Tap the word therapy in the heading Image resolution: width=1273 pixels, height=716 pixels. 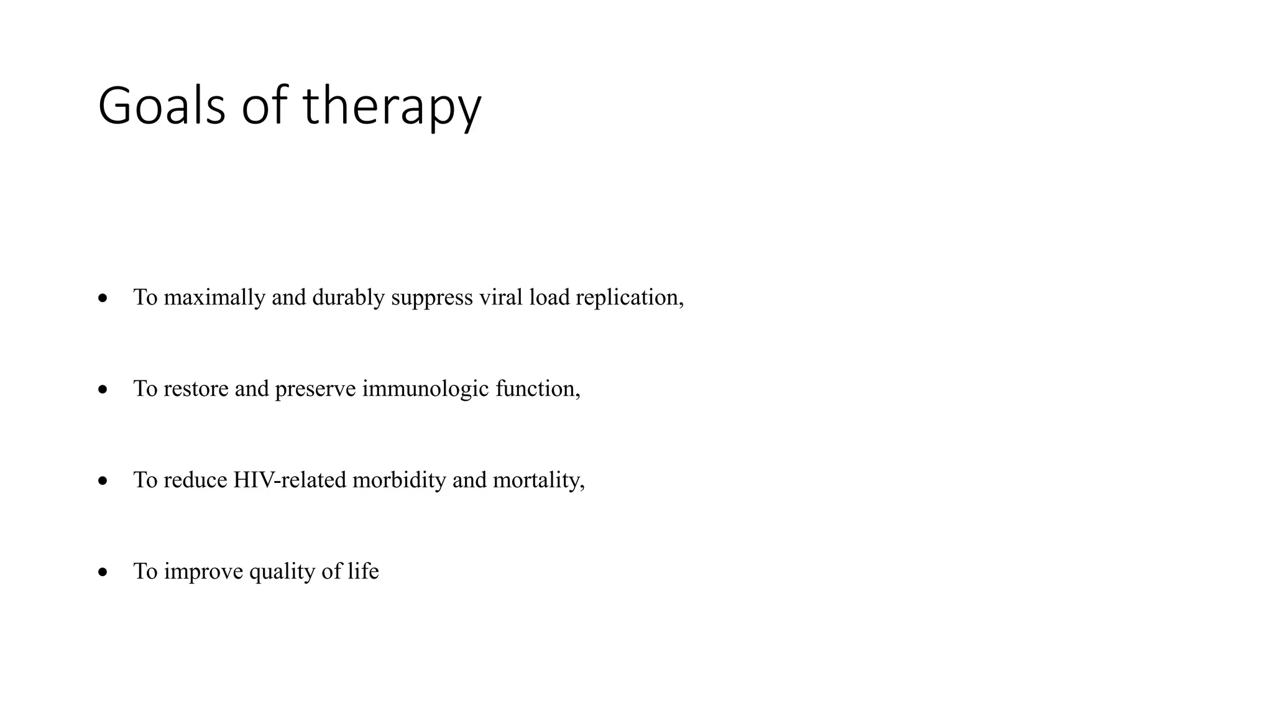[392, 107]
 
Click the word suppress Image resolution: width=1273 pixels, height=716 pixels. [432, 298]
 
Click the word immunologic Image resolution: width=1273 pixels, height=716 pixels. [425, 389]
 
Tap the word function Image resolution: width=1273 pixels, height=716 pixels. [535, 389]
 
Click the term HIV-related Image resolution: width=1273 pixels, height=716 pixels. [289, 480]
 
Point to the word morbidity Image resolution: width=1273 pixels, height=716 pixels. [399, 480]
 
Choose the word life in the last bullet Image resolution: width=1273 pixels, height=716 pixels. [363, 571]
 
